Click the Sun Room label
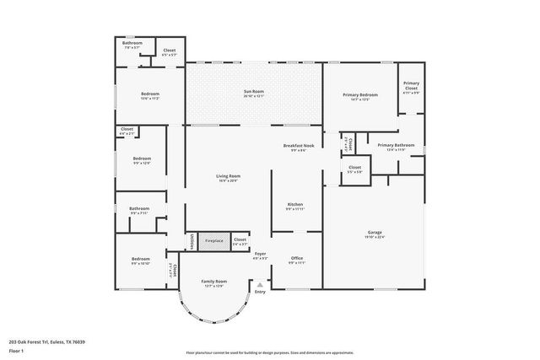tap(254, 94)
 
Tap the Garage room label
tap(375, 234)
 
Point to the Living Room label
tap(228, 178)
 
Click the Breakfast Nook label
tap(299, 148)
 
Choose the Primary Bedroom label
tap(359, 96)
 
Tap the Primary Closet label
tap(411, 87)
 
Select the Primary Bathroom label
tap(396, 147)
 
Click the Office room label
tap(296, 260)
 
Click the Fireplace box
tap(214, 241)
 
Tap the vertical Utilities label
tap(192, 241)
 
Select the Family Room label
tap(213, 282)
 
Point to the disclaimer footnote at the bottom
tap(269, 353)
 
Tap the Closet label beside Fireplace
tap(240, 241)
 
